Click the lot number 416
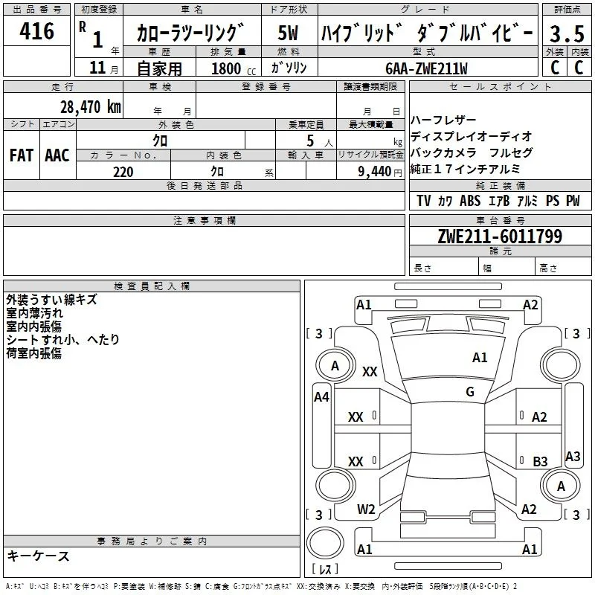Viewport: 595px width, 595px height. [x=36, y=30]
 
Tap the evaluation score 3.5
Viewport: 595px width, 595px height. [x=567, y=33]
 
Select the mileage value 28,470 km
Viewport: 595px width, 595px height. [x=91, y=106]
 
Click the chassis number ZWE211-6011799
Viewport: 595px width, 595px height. [x=500, y=236]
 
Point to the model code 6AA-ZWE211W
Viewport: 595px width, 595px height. [x=426, y=68]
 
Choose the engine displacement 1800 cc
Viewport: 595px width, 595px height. [x=234, y=68]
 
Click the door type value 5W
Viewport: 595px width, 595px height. [x=288, y=33]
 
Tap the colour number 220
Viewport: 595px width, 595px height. [x=123, y=172]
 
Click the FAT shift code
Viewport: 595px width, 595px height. [x=22, y=155]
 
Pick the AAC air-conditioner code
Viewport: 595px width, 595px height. [x=57, y=155]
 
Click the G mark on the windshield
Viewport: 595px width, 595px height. [x=470, y=391]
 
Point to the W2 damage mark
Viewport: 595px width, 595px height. [x=366, y=509]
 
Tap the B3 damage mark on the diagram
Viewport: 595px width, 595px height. [x=540, y=461]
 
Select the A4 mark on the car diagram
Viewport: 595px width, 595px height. [x=321, y=397]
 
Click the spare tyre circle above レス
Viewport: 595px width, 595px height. [x=325, y=543]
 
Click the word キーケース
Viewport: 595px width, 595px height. [x=38, y=556]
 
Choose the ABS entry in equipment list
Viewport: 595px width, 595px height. [x=470, y=201]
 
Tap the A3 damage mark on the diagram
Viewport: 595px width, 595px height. [x=573, y=456]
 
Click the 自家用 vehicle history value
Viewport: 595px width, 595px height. [x=159, y=68]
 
